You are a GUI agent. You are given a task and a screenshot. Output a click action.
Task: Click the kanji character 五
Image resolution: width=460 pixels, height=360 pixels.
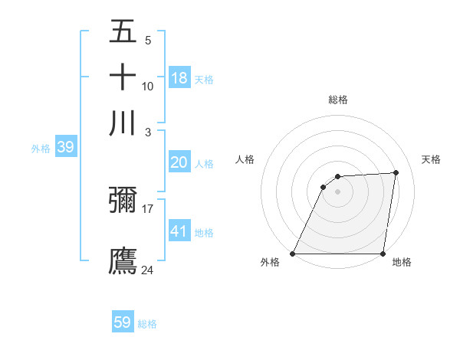click(x=123, y=33)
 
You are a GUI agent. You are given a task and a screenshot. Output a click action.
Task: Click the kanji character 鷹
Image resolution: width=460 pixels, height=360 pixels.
click(x=123, y=260)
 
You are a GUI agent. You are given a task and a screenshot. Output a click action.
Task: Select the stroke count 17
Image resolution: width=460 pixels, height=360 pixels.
click(x=148, y=208)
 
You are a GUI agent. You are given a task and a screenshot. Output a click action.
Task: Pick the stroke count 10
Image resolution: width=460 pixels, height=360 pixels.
click(x=148, y=87)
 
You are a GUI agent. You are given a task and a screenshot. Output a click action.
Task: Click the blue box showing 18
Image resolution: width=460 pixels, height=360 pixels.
click(x=179, y=78)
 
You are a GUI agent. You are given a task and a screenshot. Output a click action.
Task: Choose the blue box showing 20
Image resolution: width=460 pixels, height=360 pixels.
click(x=179, y=162)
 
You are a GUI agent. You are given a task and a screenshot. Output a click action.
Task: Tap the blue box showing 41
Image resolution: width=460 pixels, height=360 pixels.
click(x=179, y=231)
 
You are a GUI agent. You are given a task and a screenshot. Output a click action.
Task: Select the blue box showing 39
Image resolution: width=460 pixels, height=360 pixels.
click(x=65, y=148)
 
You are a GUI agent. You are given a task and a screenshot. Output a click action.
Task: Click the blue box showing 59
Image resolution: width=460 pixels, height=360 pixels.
click(x=123, y=322)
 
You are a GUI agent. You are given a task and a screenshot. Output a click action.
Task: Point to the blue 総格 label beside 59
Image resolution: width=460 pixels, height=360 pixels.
click(x=147, y=324)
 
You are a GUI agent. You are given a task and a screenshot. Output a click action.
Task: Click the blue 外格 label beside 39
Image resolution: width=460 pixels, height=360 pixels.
click(x=40, y=149)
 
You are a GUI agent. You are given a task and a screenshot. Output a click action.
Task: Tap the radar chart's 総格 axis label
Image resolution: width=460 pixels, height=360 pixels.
click(x=337, y=100)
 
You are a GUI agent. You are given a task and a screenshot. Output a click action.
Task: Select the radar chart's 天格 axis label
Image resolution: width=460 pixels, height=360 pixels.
click(x=431, y=159)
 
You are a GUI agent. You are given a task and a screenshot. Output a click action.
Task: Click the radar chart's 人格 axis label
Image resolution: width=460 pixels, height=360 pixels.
click(x=245, y=159)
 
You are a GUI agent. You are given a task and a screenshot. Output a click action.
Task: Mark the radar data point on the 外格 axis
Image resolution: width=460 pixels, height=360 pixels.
click(x=293, y=254)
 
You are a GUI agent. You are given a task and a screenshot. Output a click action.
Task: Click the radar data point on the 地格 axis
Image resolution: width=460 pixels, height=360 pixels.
click(x=383, y=254)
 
